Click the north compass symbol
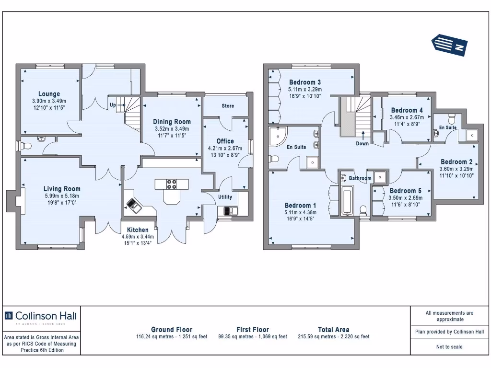point(449,46)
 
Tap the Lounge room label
point(49,94)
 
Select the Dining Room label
point(172,122)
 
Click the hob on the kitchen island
point(171,184)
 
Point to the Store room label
point(228,106)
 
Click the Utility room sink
point(231,211)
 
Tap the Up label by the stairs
point(113,105)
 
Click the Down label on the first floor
point(362,144)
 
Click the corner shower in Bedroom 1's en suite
point(277,136)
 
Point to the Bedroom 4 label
point(407,110)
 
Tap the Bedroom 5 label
point(406,191)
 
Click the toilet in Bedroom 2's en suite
point(452,119)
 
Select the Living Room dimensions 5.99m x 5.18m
point(62,196)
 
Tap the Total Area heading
point(334,330)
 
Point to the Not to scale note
point(449,347)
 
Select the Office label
point(225,141)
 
